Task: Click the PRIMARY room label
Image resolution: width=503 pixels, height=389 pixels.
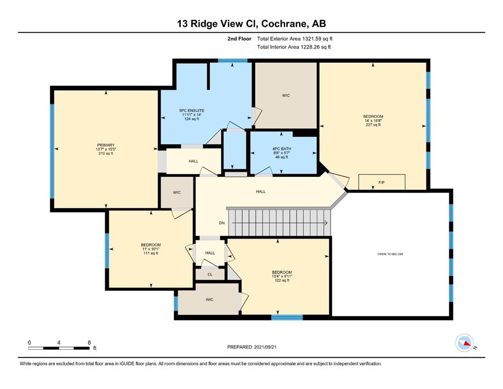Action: pos(106,145)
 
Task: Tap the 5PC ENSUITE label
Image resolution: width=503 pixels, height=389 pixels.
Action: pos(191,110)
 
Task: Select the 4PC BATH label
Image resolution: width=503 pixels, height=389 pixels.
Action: pos(282,149)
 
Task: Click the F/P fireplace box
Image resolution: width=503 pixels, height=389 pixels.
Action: pos(382,182)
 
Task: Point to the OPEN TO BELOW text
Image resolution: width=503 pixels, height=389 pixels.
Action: pos(391,254)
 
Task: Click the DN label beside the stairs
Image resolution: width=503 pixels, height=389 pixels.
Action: pos(222,223)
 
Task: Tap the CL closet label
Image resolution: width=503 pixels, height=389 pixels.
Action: pos(210,275)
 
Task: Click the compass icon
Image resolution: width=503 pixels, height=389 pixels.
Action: pos(465,343)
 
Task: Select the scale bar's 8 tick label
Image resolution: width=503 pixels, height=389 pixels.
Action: pos(89,342)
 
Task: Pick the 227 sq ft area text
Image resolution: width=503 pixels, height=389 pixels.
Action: pos(373,125)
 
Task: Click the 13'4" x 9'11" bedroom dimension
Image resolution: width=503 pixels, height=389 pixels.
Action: pos(282,276)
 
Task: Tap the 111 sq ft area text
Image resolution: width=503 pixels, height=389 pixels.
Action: pos(151,253)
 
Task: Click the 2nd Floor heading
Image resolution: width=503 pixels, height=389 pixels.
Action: pos(239,39)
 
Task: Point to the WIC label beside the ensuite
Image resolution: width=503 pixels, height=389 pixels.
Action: pos(286,95)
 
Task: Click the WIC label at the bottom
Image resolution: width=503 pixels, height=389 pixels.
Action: pos(210,299)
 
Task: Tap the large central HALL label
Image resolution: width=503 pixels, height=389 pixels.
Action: pos(261,191)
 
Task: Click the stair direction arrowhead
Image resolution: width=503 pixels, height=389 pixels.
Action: pos(326,223)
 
